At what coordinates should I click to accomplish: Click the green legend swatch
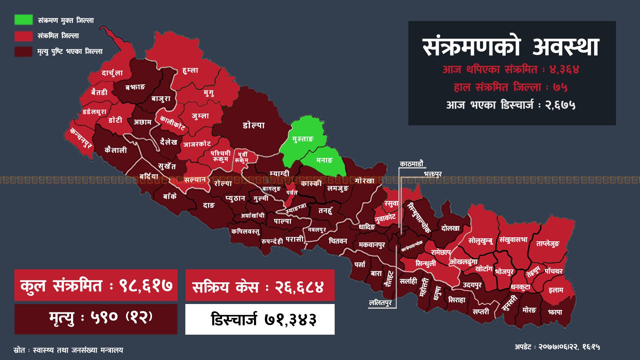tap(23, 20)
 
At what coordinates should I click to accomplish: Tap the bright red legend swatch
tap(23, 36)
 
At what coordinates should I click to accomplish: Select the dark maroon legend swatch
tap(23, 51)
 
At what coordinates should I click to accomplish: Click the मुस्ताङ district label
tap(303, 139)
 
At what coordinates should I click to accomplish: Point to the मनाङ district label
tap(324, 160)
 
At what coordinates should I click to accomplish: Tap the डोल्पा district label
tap(254, 125)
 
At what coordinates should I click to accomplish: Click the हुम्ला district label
tap(190, 70)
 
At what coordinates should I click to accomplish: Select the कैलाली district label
tap(116, 150)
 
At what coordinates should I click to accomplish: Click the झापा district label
tap(555, 312)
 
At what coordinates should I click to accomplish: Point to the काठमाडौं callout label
tap(412, 164)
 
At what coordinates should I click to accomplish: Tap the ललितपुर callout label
tap(380, 303)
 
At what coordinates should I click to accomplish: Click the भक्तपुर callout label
tap(433, 174)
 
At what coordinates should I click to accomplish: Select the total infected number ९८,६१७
tap(146, 286)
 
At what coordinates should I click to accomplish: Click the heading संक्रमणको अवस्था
tap(511, 47)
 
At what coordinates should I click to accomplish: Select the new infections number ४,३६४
tap(564, 70)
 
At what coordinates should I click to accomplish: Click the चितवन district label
tap(338, 241)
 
